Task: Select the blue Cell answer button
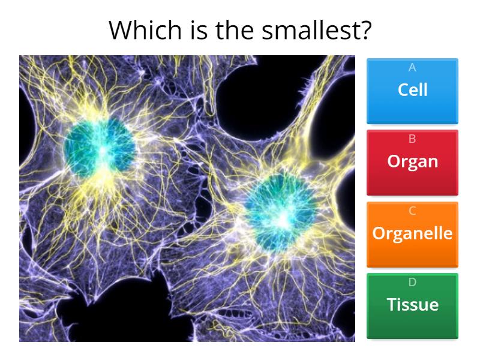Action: click(412, 91)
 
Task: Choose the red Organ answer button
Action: click(412, 163)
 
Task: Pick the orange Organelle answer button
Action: click(412, 235)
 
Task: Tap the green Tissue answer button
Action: click(412, 306)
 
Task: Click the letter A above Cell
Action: click(412, 67)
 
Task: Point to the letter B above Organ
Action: click(412, 139)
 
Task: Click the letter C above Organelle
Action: click(412, 211)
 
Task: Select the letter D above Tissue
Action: click(412, 283)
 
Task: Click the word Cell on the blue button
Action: click(412, 90)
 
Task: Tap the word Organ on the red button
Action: click(412, 161)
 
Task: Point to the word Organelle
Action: click(412, 233)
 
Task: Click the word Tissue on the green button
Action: click(412, 305)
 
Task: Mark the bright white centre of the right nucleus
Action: click(281, 220)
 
